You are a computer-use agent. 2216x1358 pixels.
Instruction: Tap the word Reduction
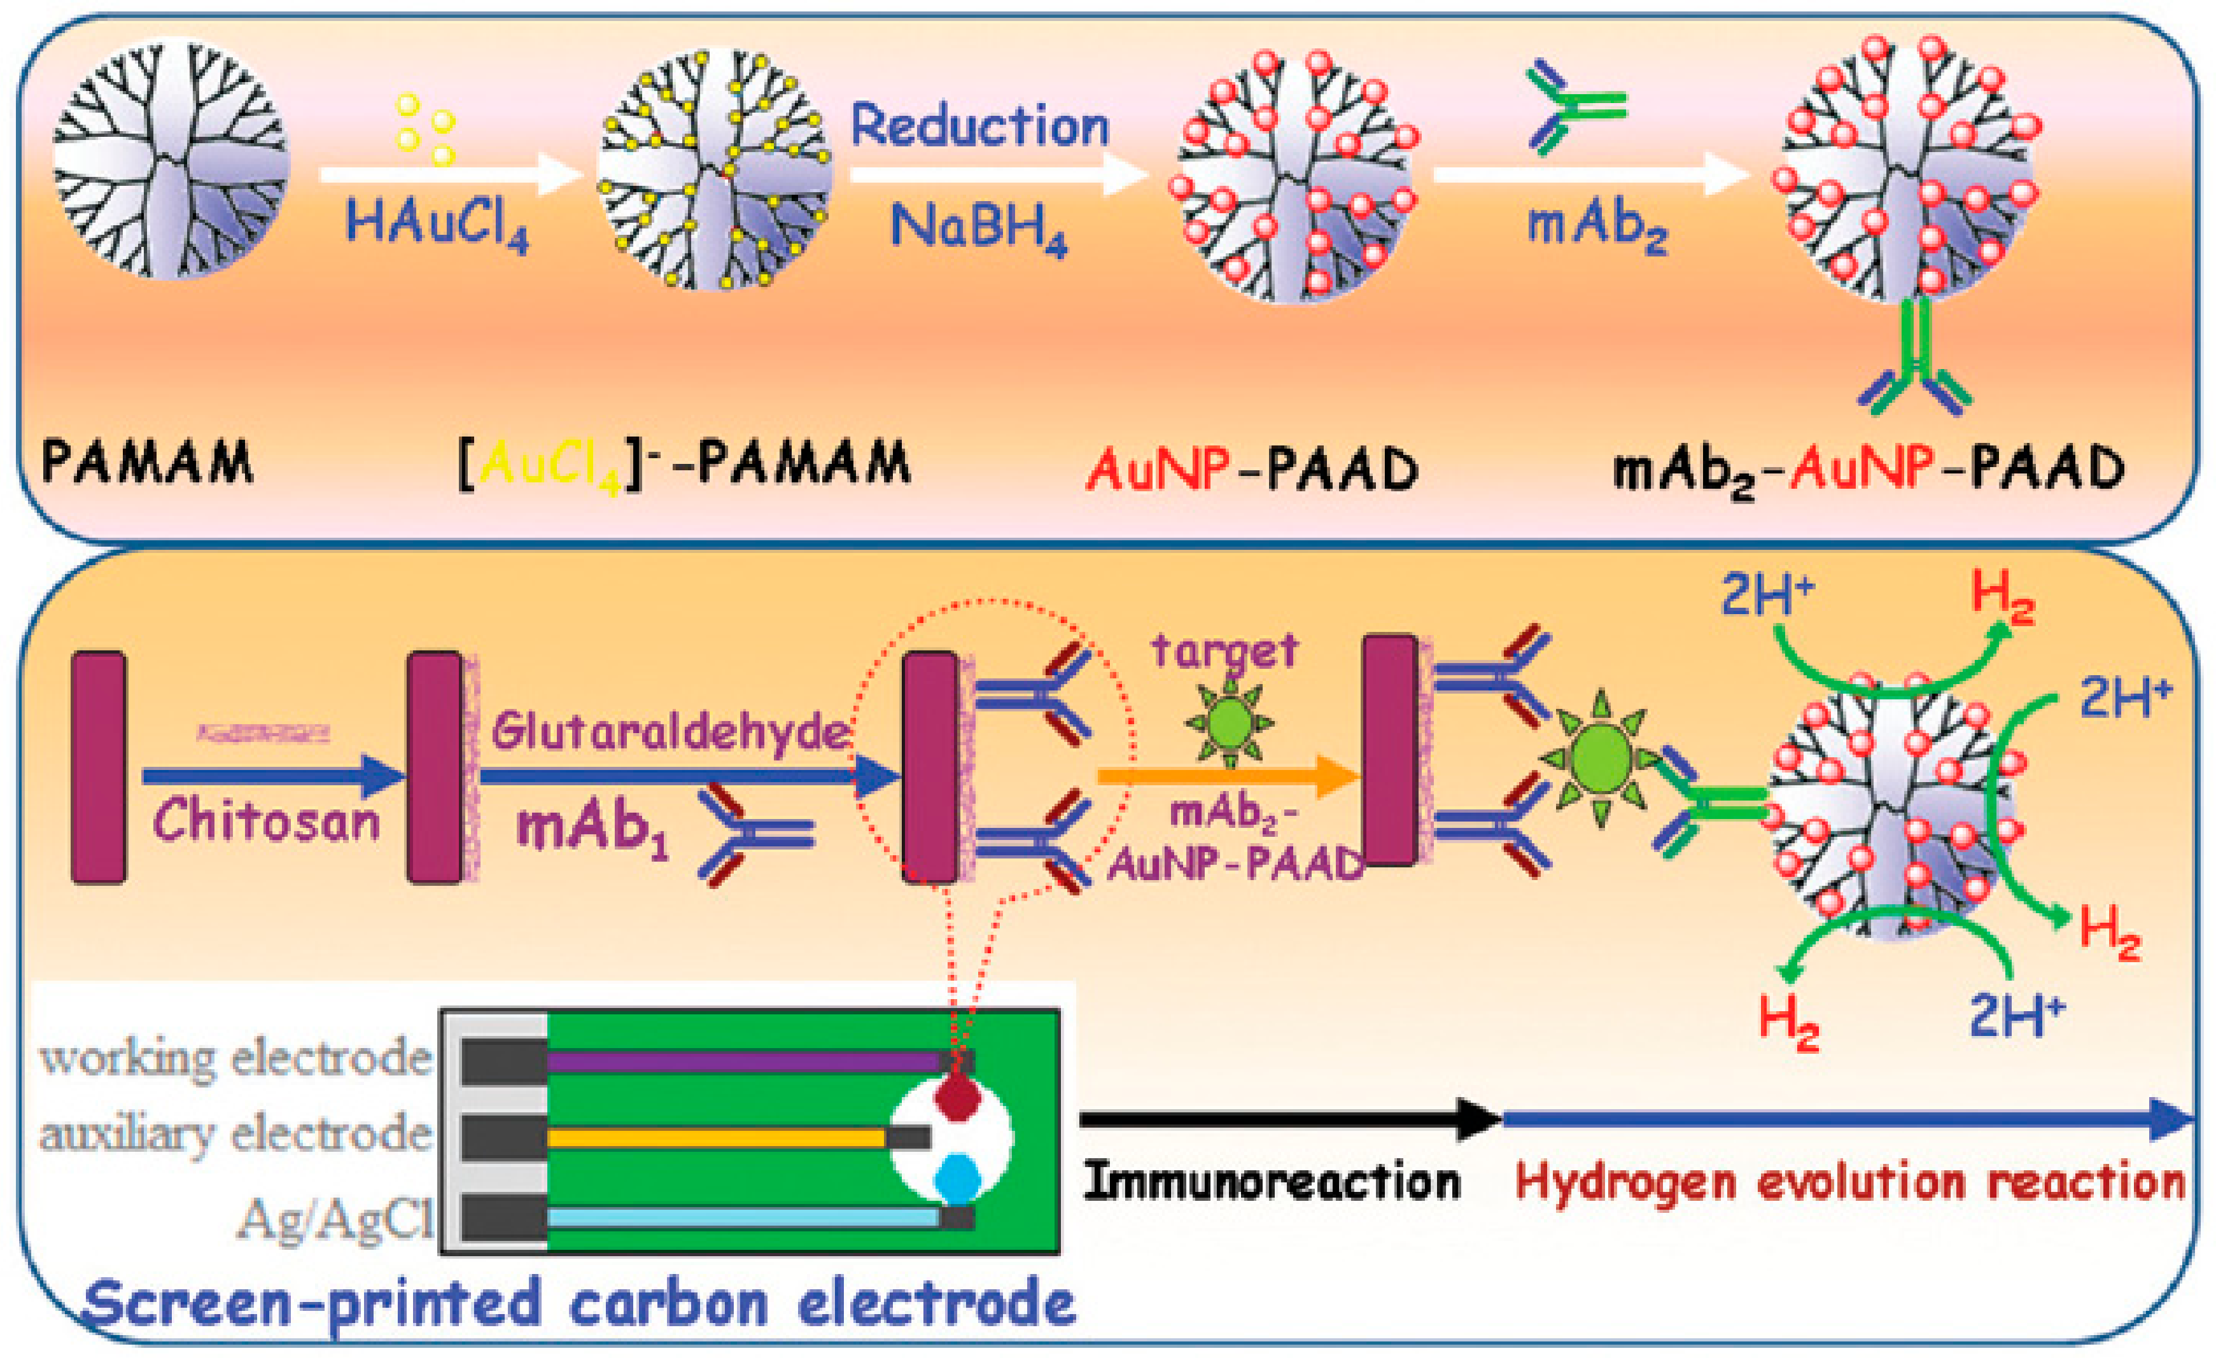click(979, 126)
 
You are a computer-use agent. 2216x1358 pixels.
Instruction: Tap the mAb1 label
click(594, 829)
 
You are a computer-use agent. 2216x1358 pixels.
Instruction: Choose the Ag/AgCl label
click(335, 1221)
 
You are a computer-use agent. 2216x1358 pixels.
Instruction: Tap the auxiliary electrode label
click(235, 1135)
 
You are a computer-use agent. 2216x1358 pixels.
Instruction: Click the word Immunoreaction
click(1272, 1182)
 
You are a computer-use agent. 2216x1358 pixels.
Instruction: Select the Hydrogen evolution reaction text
click(1849, 1182)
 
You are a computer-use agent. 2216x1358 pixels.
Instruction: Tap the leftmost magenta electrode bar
click(98, 767)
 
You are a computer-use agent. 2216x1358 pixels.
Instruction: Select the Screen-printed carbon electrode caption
click(579, 1302)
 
